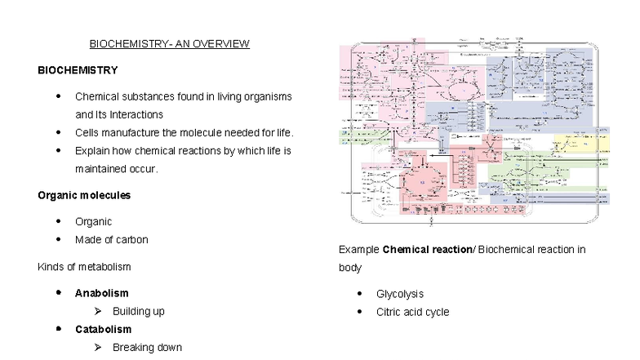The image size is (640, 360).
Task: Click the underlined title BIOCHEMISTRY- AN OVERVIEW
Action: click(x=169, y=43)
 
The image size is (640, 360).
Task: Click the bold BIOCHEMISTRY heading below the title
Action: click(x=78, y=70)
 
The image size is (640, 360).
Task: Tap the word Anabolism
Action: click(x=101, y=293)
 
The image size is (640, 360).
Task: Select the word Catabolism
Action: click(x=103, y=329)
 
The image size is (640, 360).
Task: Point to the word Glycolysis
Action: click(x=399, y=294)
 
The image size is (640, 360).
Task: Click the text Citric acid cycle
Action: click(x=412, y=312)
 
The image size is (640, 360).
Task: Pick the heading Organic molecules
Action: click(x=84, y=195)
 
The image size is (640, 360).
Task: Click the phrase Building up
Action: click(x=139, y=311)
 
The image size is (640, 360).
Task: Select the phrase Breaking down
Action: click(x=147, y=348)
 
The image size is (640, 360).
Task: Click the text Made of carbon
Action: click(x=111, y=239)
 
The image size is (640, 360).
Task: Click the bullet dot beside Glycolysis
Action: click(x=359, y=293)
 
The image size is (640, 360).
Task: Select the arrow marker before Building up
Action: click(x=97, y=311)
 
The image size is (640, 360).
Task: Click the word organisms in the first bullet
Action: click(x=264, y=96)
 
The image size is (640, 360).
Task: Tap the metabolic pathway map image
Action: click(x=474, y=131)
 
